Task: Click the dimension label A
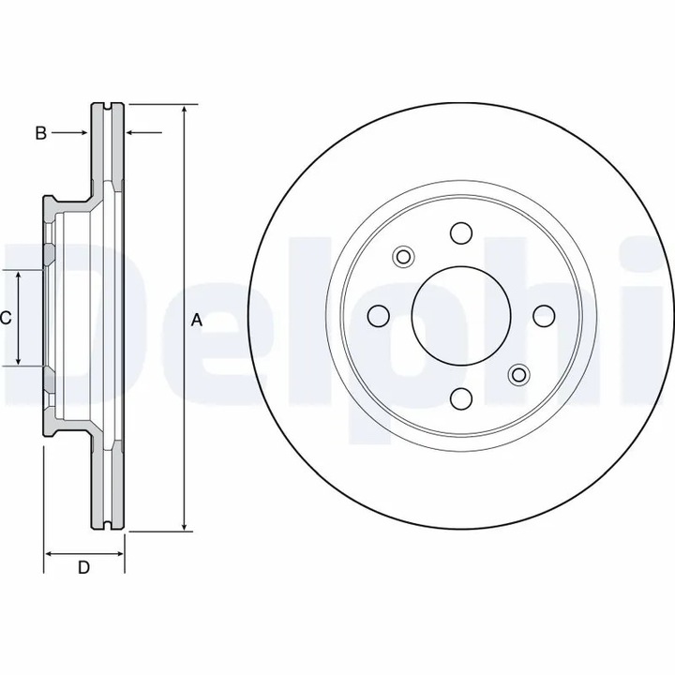[197, 320]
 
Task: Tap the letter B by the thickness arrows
[40, 134]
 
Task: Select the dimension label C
[6, 318]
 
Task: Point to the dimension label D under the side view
[83, 567]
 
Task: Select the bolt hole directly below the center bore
[460, 399]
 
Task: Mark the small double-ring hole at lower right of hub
[517, 375]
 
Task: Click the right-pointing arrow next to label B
[84, 134]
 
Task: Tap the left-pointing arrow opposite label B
[131, 134]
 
